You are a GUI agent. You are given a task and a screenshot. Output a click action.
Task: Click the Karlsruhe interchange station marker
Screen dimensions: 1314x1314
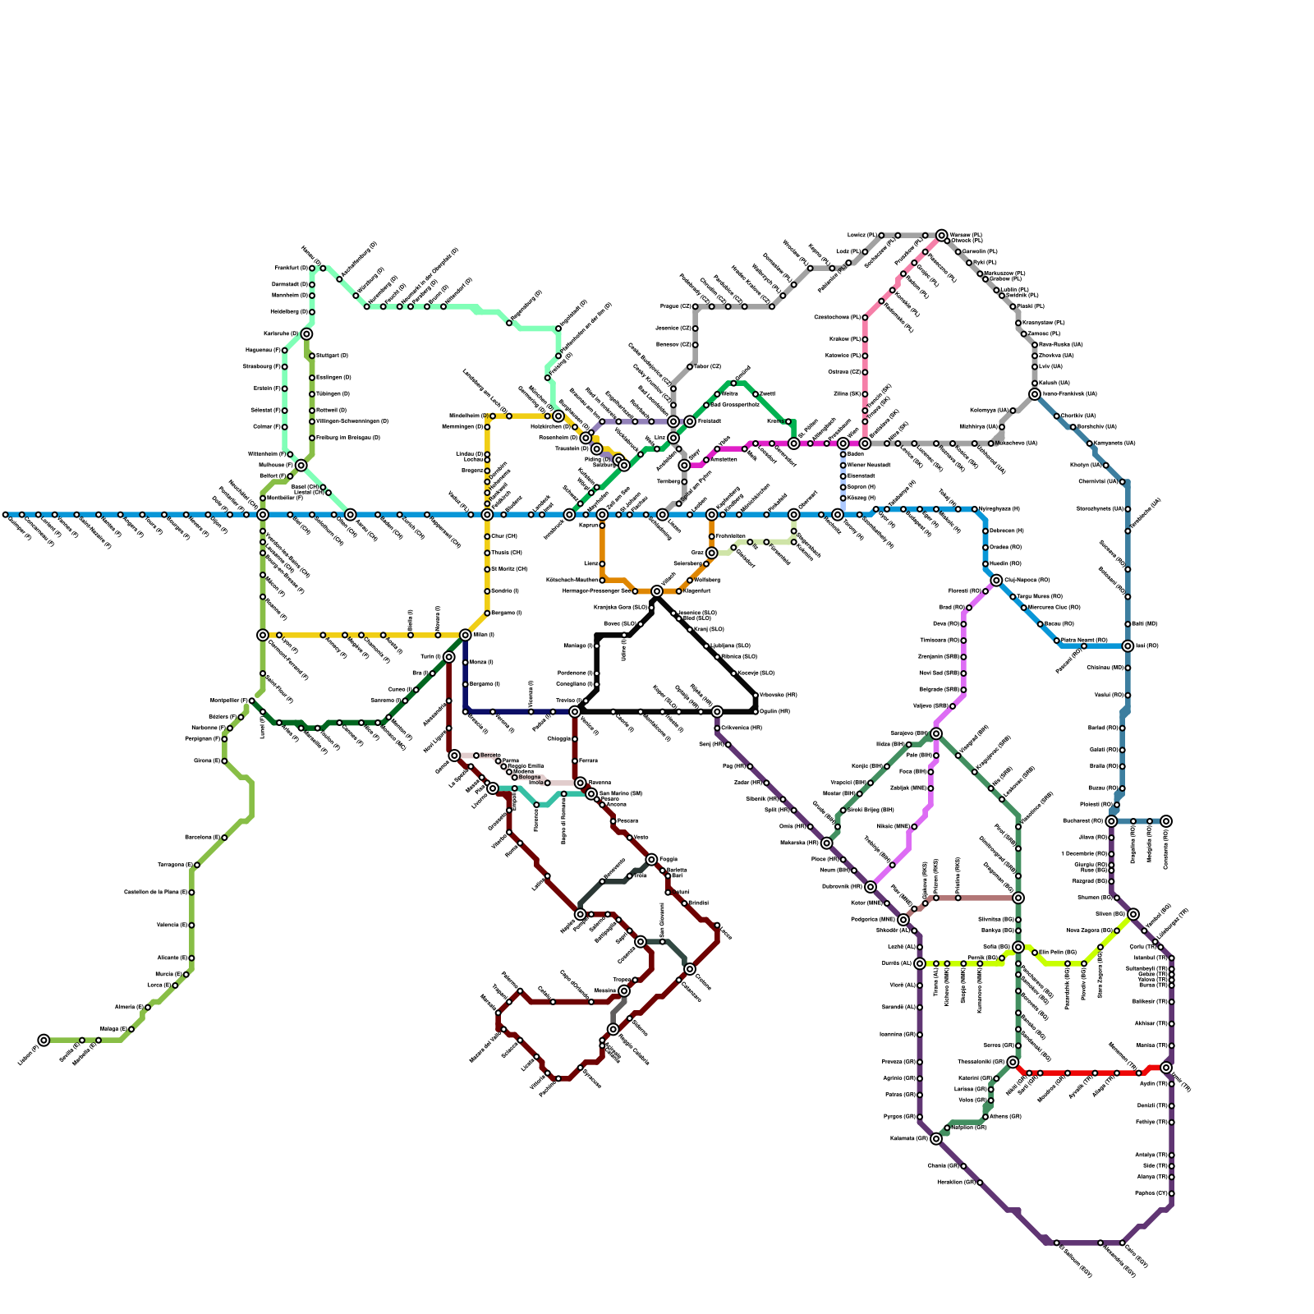[306, 334]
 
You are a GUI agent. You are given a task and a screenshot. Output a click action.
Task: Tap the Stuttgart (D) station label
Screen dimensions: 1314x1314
[333, 356]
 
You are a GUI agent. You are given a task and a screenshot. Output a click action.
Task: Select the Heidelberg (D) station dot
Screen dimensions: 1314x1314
[312, 312]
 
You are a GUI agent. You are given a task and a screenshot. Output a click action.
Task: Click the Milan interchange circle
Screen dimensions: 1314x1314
[466, 635]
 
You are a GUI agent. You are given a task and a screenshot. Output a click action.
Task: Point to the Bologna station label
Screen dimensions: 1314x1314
[530, 777]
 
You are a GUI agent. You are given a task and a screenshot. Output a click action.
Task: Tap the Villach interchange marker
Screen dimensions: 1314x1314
[657, 591]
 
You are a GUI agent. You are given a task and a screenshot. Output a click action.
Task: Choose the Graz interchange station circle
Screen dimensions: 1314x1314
[712, 553]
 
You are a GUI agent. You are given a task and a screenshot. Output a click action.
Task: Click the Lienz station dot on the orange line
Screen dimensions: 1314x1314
[602, 564]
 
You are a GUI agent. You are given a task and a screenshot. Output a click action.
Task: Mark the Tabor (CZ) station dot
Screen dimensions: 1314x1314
[690, 366]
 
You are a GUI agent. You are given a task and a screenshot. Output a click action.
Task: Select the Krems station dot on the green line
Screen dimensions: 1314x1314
[788, 421]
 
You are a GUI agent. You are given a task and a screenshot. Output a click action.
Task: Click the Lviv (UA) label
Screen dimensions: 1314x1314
[1050, 366]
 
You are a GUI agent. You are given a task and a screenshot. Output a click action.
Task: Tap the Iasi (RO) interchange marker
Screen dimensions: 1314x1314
[1128, 646]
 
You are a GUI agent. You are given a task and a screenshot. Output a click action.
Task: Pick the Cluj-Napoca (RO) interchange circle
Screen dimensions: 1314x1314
[996, 581]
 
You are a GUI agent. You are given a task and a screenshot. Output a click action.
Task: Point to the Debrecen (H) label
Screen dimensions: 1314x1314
[1006, 531]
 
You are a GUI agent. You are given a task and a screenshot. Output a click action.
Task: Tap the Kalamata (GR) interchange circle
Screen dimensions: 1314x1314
[936, 1138]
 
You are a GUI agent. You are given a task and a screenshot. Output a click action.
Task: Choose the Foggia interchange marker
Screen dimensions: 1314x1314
[651, 860]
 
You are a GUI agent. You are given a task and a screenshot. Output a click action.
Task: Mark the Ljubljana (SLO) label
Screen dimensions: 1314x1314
[731, 646]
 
